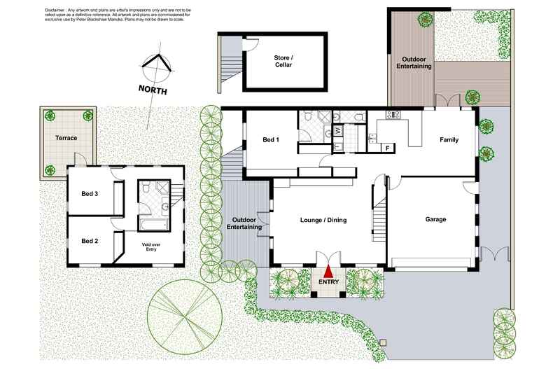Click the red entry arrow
click(328, 265)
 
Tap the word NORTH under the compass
click(153, 90)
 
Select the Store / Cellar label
click(283, 62)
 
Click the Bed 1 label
click(271, 140)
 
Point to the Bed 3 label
click(89, 193)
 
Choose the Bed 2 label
click(89, 241)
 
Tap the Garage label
click(435, 219)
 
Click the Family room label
click(449, 140)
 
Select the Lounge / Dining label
click(323, 220)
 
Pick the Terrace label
click(66, 138)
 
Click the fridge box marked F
click(387, 147)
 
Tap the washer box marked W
click(338, 130)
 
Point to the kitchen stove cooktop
click(392, 115)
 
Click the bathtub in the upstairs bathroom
click(152, 225)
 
